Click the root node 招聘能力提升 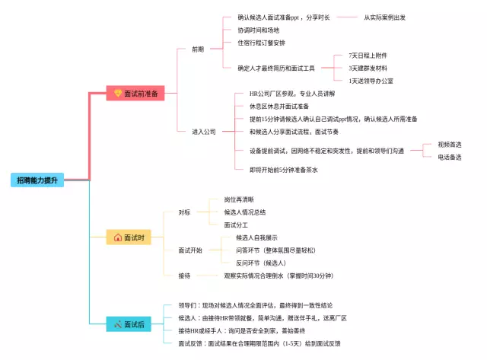pyautogui.click(x=38, y=180)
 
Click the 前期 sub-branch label pyautogui.click(x=198, y=49)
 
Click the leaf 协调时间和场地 pyautogui.click(x=258, y=30)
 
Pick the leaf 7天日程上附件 pyautogui.click(x=368, y=56)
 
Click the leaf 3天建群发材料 pyautogui.click(x=368, y=68)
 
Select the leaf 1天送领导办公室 pyautogui.click(x=371, y=81)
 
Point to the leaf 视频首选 pyautogui.click(x=450, y=144)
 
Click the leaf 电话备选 pyautogui.click(x=450, y=157)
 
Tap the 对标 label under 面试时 pyautogui.click(x=185, y=212)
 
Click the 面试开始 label pyautogui.click(x=190, y=250)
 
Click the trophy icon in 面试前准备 pyautogui.click(x=118, y=94)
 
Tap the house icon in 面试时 pyautogui.click(x=117, y=237)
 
